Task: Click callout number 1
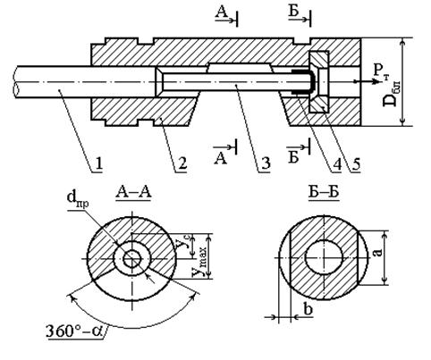(x=99, y=164)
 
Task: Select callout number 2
(x=182, y=164)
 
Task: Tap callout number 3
(x=266, y=164)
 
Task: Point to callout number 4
(x=337, y=164)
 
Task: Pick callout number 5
(x=356, y=164)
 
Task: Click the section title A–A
(x=134, y=192)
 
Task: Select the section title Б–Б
(x=324, y=192)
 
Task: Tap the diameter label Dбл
(x=392, y=94)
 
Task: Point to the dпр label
(x=79, y=199)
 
